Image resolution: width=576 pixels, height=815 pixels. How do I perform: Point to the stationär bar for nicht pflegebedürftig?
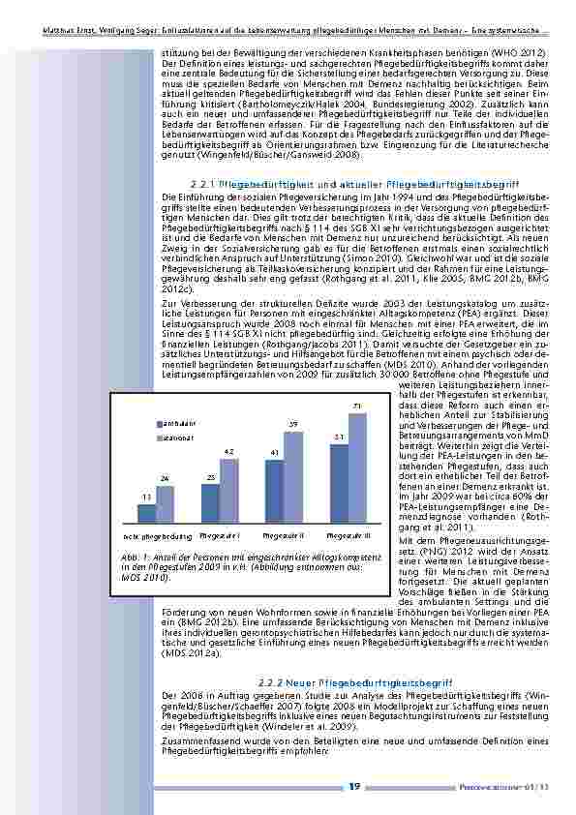click(166, 504)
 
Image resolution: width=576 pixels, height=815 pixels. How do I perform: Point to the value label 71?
click(358, 405)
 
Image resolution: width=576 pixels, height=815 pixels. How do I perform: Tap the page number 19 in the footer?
click(356, 787)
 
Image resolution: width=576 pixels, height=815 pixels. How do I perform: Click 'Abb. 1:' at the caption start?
click(124, 558)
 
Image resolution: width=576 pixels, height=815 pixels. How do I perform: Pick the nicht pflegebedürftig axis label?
click(156, 535)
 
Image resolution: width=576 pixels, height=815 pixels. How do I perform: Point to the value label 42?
click(229, 451)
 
